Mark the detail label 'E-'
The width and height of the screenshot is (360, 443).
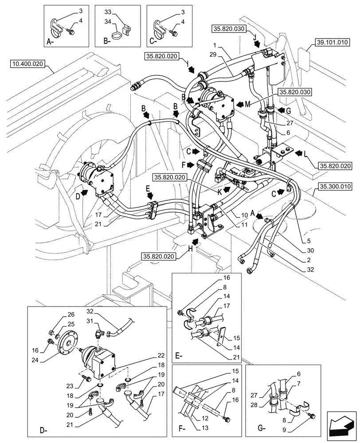pyautogui.click(x=179, y=356)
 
